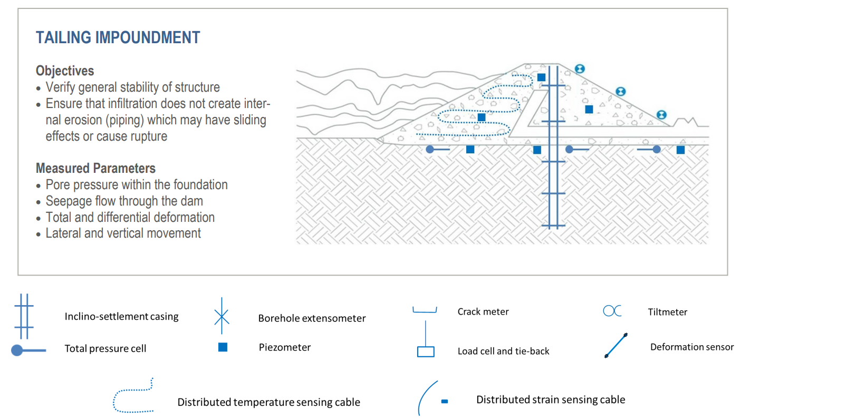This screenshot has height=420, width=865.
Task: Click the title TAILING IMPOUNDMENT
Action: click(118, 37)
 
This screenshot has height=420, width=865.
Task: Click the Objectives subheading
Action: click(65, 71)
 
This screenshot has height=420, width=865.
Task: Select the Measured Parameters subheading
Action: click(95, 168)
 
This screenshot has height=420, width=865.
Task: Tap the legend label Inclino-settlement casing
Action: click(121, 316)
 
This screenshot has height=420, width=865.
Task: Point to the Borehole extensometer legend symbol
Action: click(222, 316)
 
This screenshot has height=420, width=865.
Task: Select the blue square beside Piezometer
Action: click(223, 347)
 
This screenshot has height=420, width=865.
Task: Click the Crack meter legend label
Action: click(483, 311)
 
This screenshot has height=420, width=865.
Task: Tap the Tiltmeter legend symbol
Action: click(612, 311)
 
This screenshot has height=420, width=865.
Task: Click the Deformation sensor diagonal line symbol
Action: click(616, 346)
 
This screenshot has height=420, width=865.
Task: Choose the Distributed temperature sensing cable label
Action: click(268, 402)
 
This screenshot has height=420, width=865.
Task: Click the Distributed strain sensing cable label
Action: click(550, 399)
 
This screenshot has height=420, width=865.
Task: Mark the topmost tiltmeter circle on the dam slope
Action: click(580, 69)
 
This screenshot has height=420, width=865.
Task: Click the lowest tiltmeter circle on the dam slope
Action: click(661, 115)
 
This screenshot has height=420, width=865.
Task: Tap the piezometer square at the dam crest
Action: click(541, 77)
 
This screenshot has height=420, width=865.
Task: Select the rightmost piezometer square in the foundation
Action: click(680, 150)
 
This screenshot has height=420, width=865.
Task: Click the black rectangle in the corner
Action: click(805, 401)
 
